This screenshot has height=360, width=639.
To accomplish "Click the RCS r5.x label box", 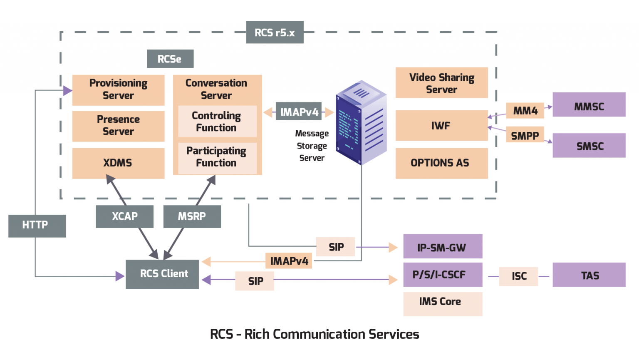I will click(x=275, y=32).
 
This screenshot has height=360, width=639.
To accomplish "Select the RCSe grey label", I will click(x=170, y=59).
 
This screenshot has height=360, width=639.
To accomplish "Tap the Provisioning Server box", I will click(x=118, y=89).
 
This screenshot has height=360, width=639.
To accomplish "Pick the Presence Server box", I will click(x=118, y=126).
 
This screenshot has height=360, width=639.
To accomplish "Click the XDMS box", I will click(x=118, y=163).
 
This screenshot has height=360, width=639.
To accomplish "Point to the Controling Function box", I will click(x=217, y=122).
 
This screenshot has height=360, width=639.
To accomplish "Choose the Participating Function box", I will click(x=217, y=157).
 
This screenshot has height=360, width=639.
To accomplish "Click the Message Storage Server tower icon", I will click(x=361, y=122).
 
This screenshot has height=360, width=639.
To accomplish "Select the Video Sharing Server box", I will click(x=441, y=83).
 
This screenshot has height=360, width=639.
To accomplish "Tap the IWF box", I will click(x=441, y=125).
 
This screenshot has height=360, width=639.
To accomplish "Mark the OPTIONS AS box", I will click(x=441, y=163).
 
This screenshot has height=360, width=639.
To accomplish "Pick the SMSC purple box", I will click(x=589, y=145).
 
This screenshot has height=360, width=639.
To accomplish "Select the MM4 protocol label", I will click(x=525, y=111).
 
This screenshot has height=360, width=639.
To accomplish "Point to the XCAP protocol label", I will click(x=124, y=216).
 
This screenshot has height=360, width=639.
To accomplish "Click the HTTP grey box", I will click(x=37, y=226).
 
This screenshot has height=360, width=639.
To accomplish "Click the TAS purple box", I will click(x=589, y=275).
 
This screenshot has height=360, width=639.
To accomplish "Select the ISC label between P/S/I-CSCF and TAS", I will click(x=518, y=276).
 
